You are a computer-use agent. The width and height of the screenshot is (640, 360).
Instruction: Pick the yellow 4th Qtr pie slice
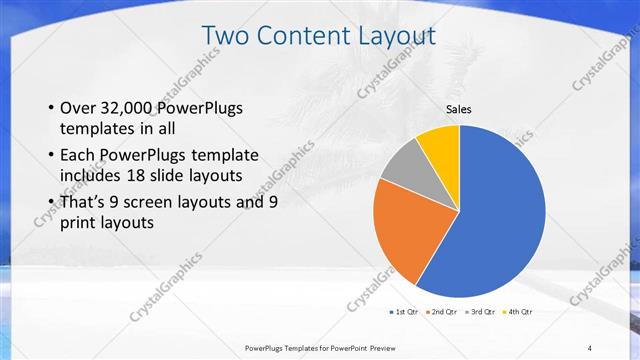(441, 145)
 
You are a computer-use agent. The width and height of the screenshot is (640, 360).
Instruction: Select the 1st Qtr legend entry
(405, 313)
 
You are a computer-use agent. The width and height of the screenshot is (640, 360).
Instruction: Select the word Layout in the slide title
(397, 36)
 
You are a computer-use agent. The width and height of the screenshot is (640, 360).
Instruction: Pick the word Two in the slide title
(224, 36)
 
